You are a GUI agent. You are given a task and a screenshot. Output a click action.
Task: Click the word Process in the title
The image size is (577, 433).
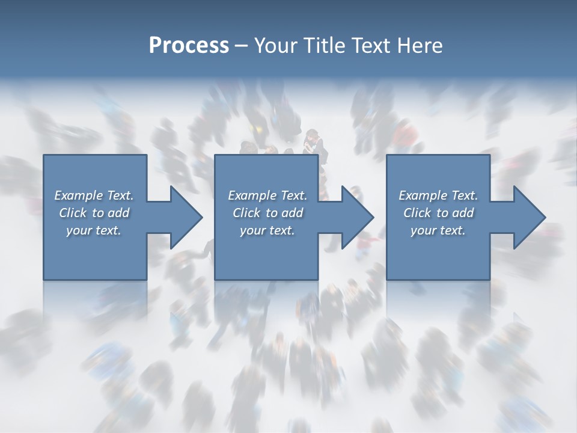189,46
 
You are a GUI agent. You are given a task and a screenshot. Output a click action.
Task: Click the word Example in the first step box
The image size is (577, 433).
79,195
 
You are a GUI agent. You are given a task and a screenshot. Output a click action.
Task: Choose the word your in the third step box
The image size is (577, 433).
424,230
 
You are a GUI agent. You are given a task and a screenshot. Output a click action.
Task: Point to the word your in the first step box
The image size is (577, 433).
79,230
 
